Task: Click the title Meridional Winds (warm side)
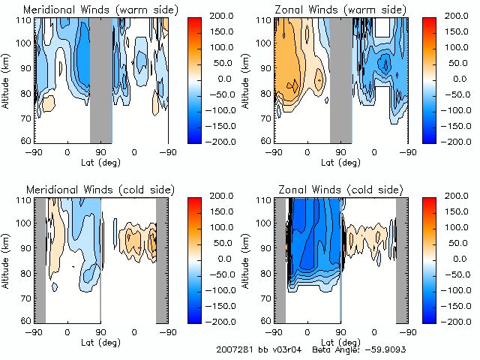[x=100, y=10]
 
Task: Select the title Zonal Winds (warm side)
[x=340, y=10]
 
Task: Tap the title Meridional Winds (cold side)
[x=100, y=190]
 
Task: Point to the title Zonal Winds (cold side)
[x=340, y=190]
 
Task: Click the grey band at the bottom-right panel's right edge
[x=401, y=259]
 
